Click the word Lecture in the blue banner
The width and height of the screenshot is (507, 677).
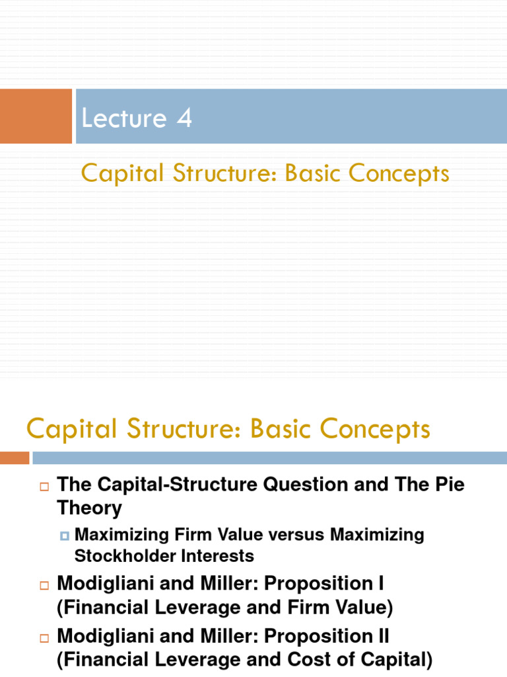(x=123, y=118)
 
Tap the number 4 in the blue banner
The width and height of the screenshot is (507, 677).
(x=184, y=118)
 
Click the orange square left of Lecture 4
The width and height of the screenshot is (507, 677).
(x=36, y=116)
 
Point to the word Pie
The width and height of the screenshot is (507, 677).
(x=448, y=485)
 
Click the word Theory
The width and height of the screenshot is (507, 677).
(x=90, y=508)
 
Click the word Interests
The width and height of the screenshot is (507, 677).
(x=221, y=556)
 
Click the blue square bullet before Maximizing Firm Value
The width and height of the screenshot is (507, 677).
(x=65, y=535)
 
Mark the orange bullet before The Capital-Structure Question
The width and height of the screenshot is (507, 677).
(x=44, y=487)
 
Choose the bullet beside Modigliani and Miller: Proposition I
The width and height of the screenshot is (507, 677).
(x=44, y=586)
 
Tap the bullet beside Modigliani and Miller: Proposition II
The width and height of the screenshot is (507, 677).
(x=44, y=639)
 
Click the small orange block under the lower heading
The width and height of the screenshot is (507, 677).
(x=15, y=458)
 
